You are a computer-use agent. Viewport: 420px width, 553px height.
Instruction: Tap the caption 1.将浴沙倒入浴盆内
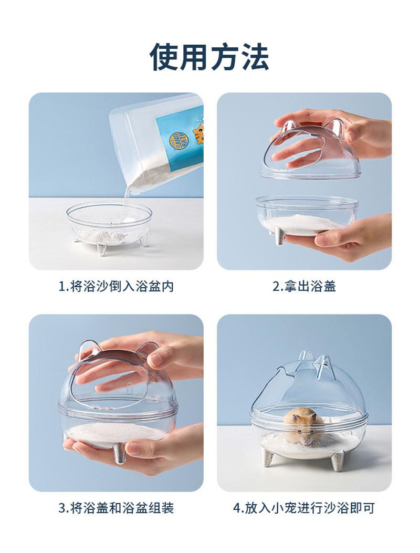[x=116, y=286]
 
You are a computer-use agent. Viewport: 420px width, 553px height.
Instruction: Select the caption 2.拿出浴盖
[x=304, y=286]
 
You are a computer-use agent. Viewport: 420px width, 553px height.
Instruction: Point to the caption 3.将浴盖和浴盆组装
[x=116, y=508]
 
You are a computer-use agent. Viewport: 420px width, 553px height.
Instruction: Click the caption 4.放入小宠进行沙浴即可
[x=304, y=508]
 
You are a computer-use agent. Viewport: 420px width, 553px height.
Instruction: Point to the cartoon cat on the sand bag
[x=198, y=133]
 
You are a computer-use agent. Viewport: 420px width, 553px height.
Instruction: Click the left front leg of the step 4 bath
[x=268, y=457]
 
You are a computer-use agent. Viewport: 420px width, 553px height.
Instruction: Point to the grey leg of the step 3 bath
[x=119, y=453]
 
